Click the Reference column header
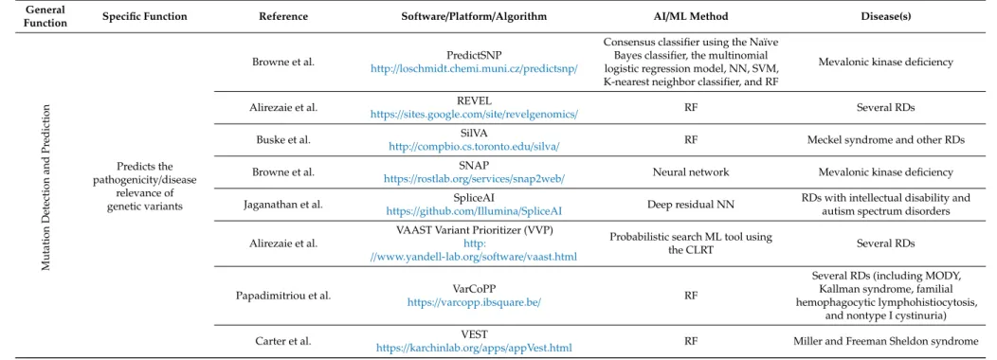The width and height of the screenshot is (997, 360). click(x=283, y=16)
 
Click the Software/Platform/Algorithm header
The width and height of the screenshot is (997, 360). click(x=474, y=16)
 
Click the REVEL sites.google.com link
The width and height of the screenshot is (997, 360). click(x=474, y=115)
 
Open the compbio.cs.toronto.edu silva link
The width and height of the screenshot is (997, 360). click(x=474, y=146)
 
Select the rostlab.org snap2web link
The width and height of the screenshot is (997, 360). click(x=474, y=179)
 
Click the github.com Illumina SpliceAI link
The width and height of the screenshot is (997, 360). click(x=474, y=210)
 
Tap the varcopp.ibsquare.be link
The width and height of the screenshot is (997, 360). click(x=474, y=302)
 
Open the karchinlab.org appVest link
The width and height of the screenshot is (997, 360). click(x=474, y=348)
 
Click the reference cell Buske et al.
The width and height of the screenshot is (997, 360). click(x=283, y=139)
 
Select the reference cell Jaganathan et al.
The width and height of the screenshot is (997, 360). click(x=283, y=205)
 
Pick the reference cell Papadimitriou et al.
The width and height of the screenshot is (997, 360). click(x=283, y=296)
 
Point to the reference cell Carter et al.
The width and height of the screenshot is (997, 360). click(x=283, y=341)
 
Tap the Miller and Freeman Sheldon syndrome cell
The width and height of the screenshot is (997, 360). click(x=886, y=341)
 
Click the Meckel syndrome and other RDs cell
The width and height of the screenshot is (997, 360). click(x=886, y=139)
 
